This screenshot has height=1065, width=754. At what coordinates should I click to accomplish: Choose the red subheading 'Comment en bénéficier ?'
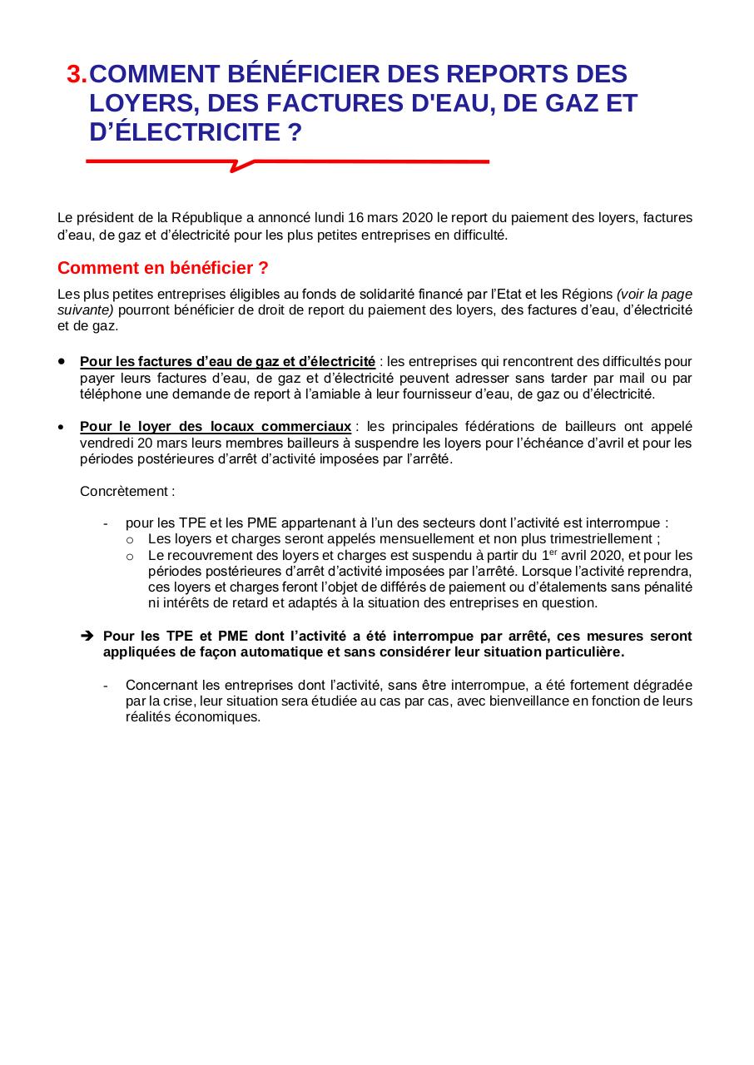tap(163, 269)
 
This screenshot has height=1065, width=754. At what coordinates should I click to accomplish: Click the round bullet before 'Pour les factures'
tap(62, 362)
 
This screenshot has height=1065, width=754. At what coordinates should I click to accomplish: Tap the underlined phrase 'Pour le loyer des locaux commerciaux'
tap(216, 427)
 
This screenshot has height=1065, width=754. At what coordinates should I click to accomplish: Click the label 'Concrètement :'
tap(127, 491)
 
